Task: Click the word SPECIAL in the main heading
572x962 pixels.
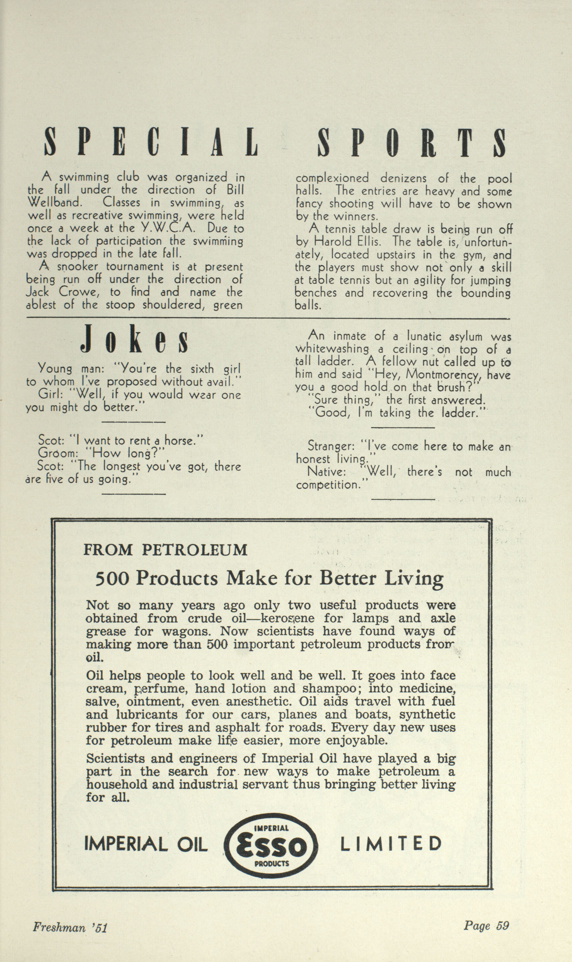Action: [151, 142]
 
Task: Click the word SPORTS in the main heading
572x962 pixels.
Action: [411, 142]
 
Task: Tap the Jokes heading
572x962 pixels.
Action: [134, 339]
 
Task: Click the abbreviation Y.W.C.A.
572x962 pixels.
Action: [174, 228]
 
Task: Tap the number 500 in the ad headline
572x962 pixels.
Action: [112, 579]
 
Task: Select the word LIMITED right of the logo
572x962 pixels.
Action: [390, 844]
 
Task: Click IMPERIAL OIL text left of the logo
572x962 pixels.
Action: [146, 845]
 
